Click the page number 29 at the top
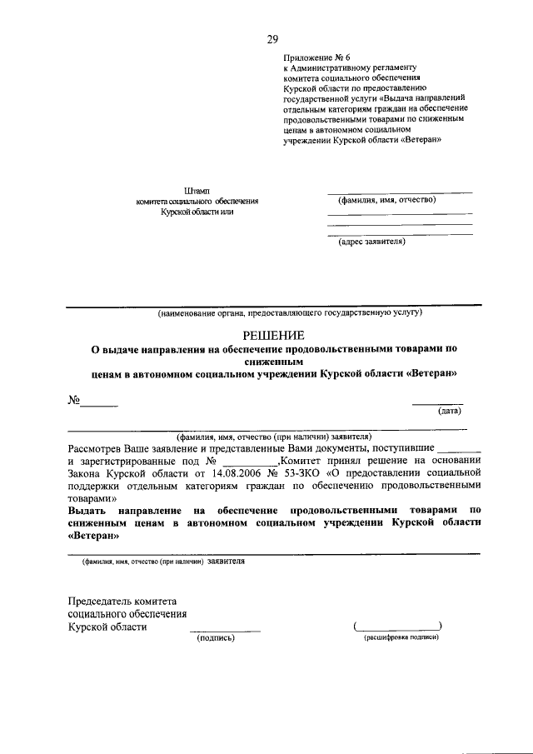(272, 38)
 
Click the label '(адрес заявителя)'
(371, 242)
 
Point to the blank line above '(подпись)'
(225, 630)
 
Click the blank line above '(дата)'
(438, 403)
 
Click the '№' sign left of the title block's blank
(73, 400)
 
